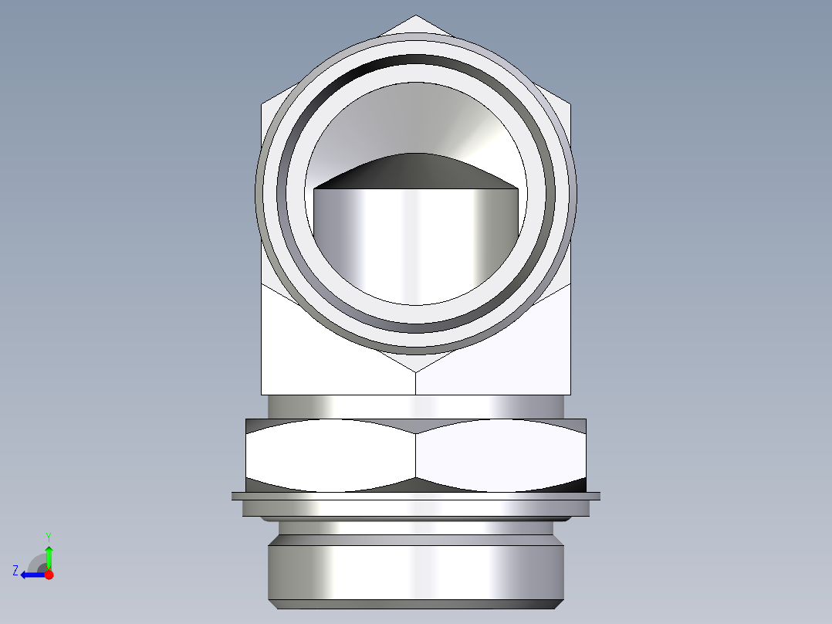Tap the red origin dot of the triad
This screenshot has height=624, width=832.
pos(49,575)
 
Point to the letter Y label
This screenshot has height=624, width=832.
pos(49,536)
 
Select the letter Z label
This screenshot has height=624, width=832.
pos(15,571)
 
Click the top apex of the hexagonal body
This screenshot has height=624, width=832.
pos(416,16)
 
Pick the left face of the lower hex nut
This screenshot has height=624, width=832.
pos(330,456)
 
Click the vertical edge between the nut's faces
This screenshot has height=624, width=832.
pos(416,456)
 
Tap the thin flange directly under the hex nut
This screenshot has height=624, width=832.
pos(416,496)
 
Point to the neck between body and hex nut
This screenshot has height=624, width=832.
pos(416,405)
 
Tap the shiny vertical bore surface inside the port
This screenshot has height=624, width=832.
pos(415,239)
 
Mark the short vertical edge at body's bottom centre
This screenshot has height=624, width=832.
pos(416,383)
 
